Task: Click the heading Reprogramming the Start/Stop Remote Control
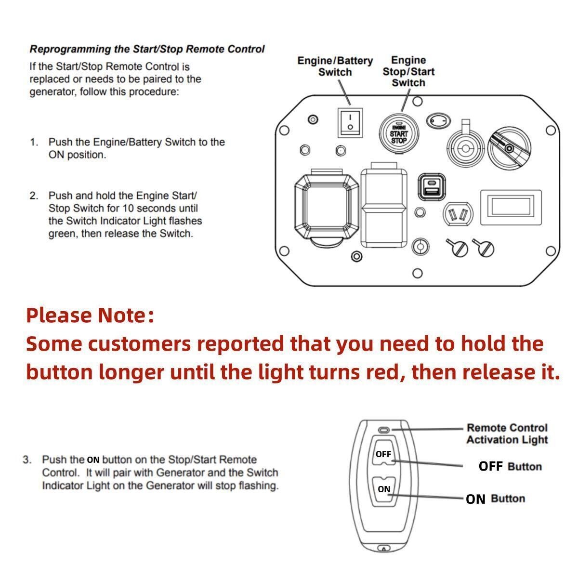click(147, 49)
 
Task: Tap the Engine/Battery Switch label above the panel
click(335, 66)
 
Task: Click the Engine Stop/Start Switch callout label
click(408, 71)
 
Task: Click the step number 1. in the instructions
click(34, 143)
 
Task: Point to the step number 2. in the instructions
click(34, 196)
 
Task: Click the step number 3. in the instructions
click(27, 460)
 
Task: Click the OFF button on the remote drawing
click(384, 454)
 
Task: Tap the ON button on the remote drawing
click(384, 490)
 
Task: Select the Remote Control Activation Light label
click(507, 433)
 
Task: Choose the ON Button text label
click(495, 499)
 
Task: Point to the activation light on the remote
click(384, 429)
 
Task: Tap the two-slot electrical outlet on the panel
click(458, 213)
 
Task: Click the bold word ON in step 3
click(93, 460)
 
